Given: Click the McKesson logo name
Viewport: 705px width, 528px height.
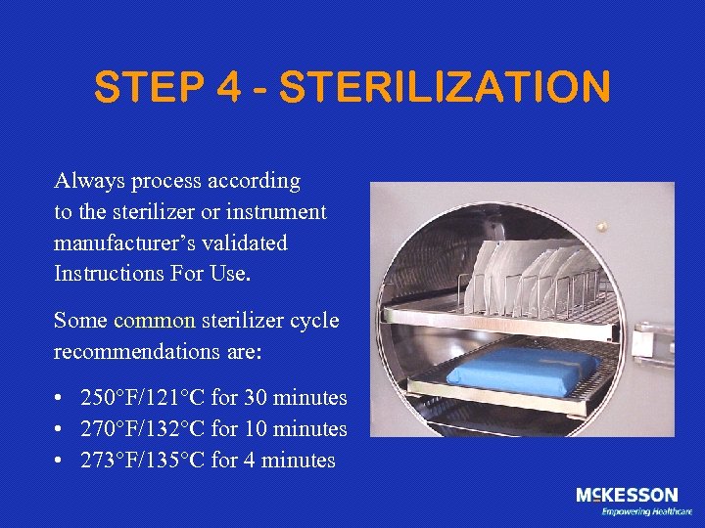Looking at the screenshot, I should click(627, 495).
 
